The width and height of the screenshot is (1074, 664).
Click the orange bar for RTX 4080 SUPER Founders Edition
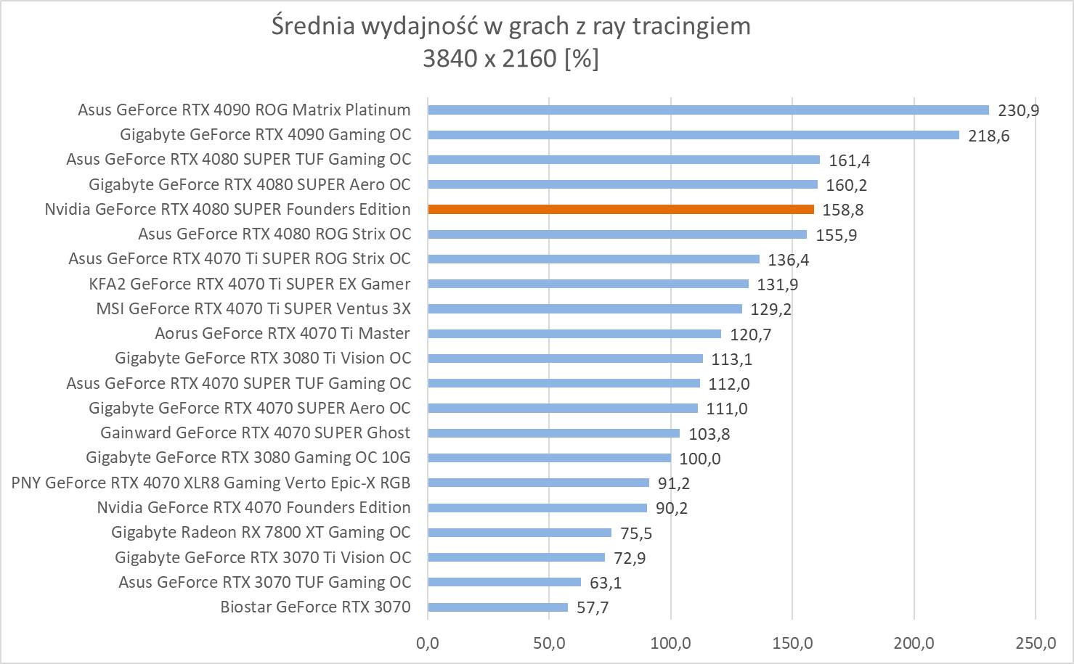tap(621, 210)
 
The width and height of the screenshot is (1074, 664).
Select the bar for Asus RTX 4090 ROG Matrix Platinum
tap(708, 110)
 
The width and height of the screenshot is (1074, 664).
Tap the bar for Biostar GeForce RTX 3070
tap(497, 607)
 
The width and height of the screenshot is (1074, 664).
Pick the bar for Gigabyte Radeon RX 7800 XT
tap(519, 533)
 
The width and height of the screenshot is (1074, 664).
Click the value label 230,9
tap(1018, 111)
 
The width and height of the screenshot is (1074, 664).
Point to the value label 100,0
tap(700, 459)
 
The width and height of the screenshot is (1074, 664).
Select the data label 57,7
tap(593, 607)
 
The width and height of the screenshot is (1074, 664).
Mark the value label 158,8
tap(843, 210)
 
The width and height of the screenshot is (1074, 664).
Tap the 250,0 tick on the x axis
tap(1036, 643)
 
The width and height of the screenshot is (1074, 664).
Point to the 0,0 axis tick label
tap(427, 643)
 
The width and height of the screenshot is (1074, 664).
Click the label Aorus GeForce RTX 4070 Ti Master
tap(282, 334)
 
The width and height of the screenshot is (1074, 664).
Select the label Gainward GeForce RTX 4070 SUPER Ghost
tap(255, 433)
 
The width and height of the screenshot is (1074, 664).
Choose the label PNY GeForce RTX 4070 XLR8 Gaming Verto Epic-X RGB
tap(211, 483)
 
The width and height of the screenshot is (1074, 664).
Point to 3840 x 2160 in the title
tap(489, 58)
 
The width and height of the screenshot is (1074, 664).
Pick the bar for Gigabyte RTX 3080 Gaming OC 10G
tap(549, 458)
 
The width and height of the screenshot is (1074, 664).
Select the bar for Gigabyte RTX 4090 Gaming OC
tap(693, 135)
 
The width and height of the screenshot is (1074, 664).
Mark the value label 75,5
tap(636, 533)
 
